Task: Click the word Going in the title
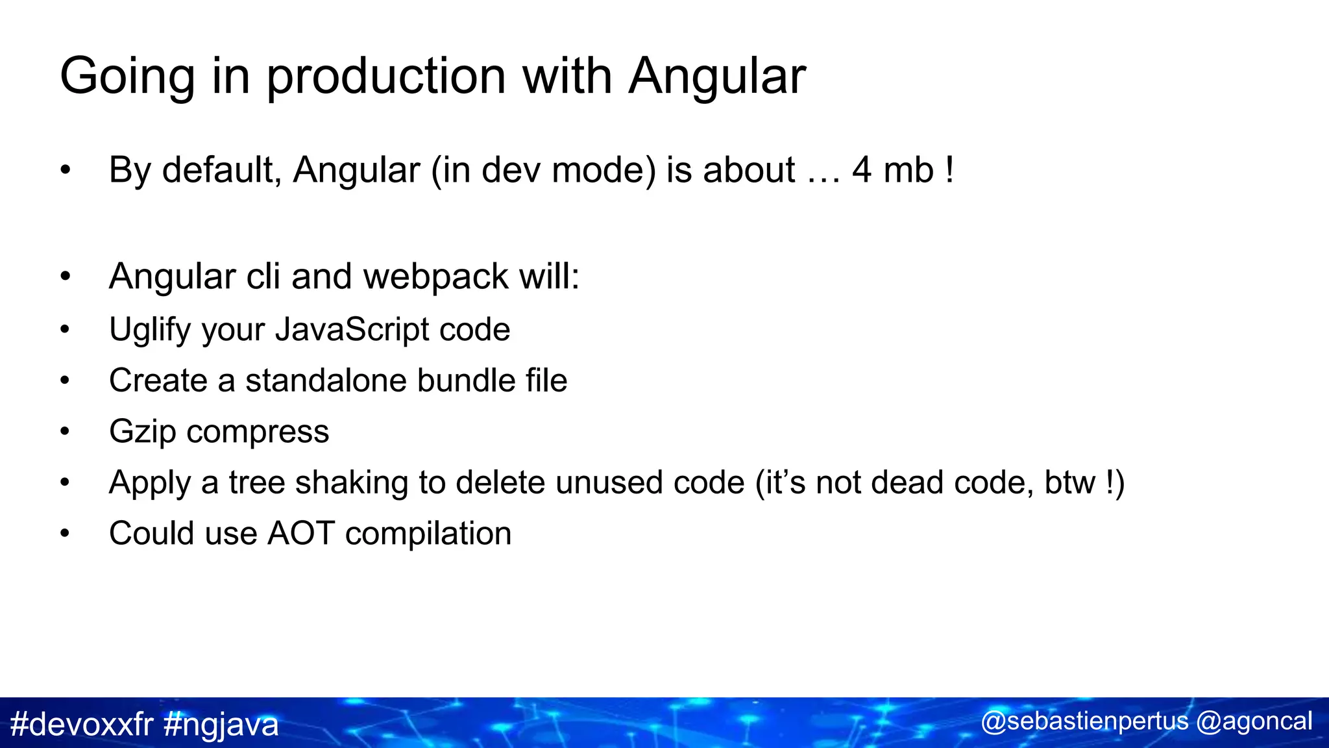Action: point(127,77)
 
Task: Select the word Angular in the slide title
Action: point(717,77)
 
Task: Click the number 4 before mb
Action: point(861,170)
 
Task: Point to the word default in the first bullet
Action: point(221,170)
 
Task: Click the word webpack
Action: point(435,277)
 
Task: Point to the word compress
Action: point(258,432)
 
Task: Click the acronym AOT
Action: point(301,534)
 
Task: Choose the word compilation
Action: point(428,534)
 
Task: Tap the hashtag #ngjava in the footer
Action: point(221,724)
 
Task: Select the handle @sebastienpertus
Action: point(1084,721)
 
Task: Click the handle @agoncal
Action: point(1254,721)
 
